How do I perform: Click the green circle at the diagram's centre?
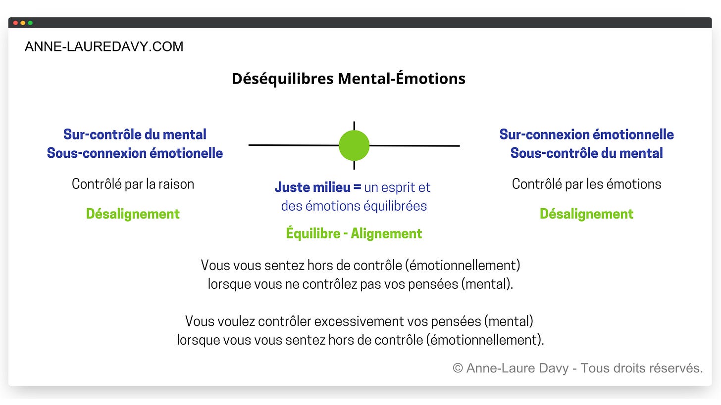(x=354, y=145)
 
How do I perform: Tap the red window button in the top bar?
(x=15, y=23)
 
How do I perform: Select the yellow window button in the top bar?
(x=23, y=23)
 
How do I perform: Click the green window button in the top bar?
(x=30, y=23)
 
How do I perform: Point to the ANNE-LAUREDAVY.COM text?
(x=104, y=47)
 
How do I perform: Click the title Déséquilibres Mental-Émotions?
(x=349, y=79)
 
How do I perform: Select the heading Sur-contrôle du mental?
(x=135, y=135)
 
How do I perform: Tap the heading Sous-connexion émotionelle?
(x=135, y=153)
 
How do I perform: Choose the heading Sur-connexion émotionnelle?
(x=586, y=135)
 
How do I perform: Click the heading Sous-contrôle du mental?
(x=586, y=153)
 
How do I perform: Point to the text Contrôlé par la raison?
(x=133, y=184)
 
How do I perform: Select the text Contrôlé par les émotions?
(x=586, y=184)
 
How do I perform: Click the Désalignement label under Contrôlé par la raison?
(x=133, y=214)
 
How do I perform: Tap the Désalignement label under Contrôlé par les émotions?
(x=586, y=214)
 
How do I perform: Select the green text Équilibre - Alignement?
(x=354, y=233)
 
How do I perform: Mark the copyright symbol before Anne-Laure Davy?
(x=458, y=368)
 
